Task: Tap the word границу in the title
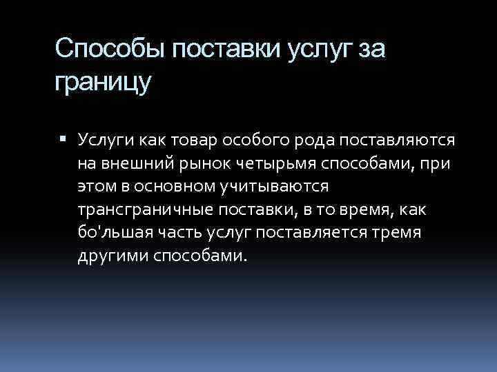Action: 102,83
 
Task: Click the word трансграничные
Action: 131,209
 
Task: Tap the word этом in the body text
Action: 95,187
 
